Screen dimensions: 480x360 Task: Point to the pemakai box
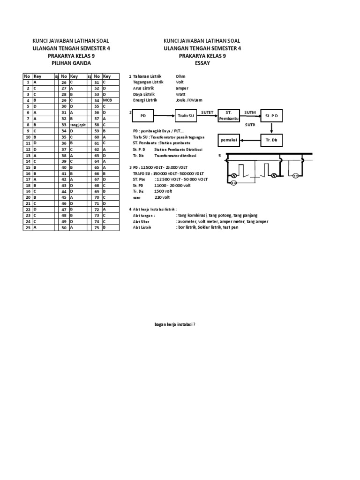229,140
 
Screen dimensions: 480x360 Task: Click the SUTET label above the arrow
207,112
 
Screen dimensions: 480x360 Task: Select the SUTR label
250,125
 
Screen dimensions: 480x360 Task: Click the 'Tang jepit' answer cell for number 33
78,125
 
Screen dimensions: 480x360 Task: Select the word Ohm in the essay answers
180,76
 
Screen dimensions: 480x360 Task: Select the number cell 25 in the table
28,227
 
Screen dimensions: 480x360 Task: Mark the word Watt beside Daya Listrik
181,94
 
